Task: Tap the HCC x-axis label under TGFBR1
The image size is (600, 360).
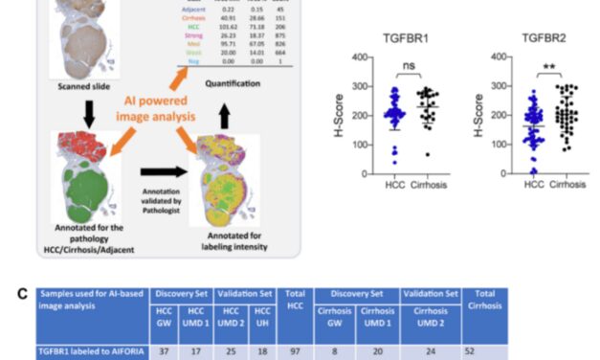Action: [x=393, y=185]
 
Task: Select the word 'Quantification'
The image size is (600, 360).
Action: [x=236, y=83]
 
